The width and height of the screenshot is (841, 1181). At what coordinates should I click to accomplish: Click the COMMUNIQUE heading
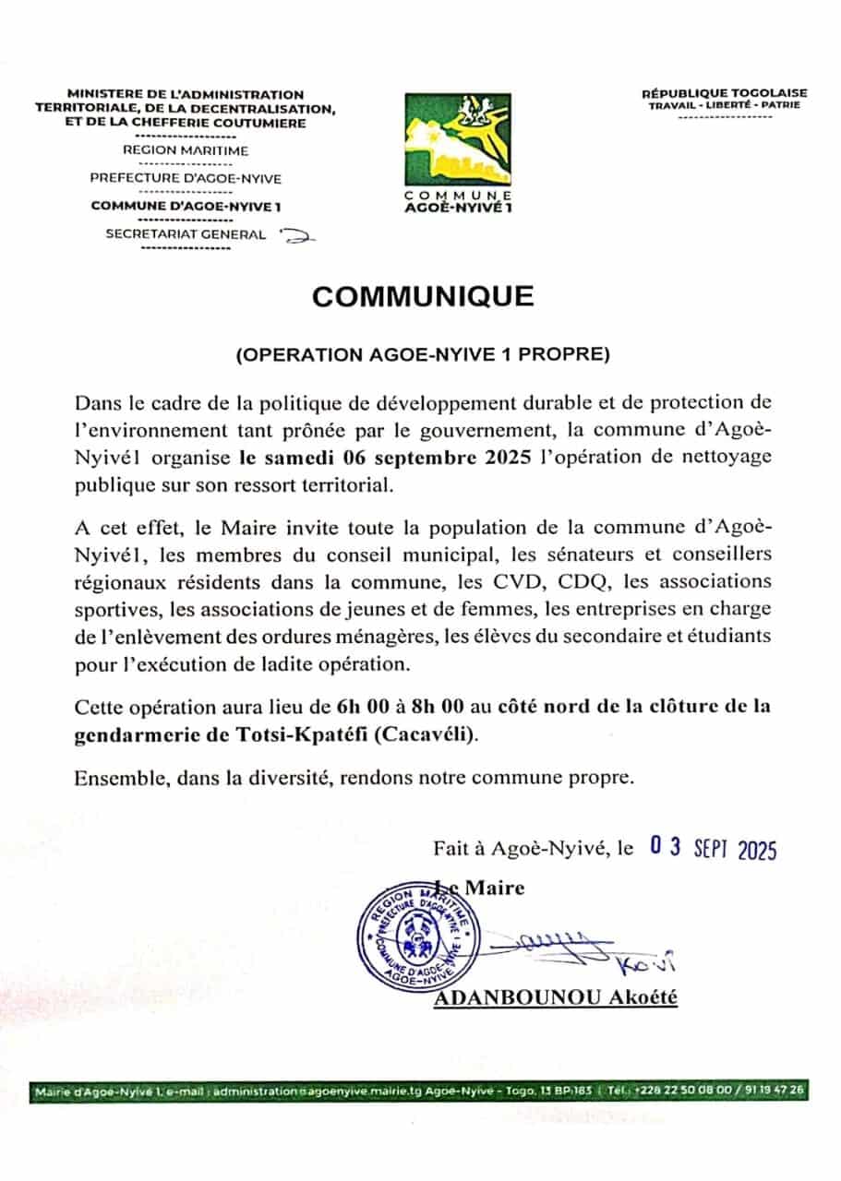point(422,296)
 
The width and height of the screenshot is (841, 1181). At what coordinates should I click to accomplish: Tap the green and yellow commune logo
point(458,138)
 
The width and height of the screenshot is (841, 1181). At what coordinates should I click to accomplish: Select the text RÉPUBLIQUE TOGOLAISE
point(724,92)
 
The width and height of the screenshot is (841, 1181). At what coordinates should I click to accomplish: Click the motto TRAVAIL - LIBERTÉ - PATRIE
point(724,105)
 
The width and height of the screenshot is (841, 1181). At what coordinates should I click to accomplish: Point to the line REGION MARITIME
point(186,149)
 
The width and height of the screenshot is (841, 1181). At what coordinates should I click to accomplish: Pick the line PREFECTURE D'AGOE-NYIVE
point(186,178)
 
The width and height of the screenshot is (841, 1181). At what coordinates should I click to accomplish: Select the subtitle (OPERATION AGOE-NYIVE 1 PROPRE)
point(422,354)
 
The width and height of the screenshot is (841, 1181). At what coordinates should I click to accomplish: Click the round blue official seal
point(418,935)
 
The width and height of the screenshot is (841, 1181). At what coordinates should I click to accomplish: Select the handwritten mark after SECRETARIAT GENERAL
point(297,237)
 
